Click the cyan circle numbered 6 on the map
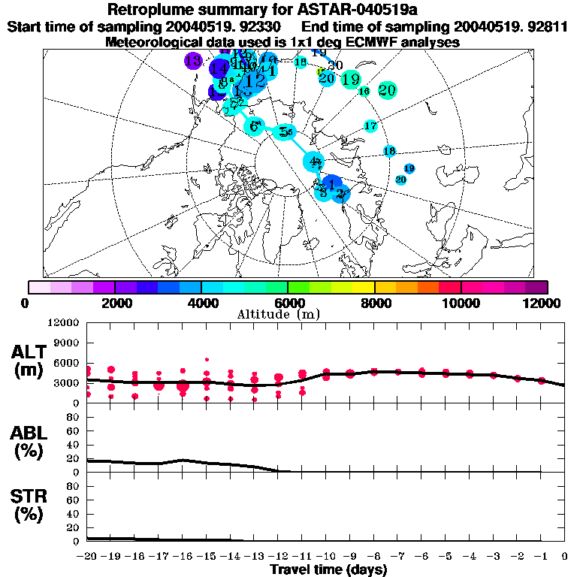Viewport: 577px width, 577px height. (x=255, y=127)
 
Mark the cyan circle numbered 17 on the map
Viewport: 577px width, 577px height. (x=370, y=126)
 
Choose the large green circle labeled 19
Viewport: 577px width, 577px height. (x=351, y=79)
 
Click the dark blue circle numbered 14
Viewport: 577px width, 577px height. (x=219, y=68)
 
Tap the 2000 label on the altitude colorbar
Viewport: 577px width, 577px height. (x=113, y=303)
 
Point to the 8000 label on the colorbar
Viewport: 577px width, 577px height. (x=374, y=303)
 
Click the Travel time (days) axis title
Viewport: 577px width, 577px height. (x=329, y=569)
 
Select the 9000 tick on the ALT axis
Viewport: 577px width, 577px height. (x=66, y=343)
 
